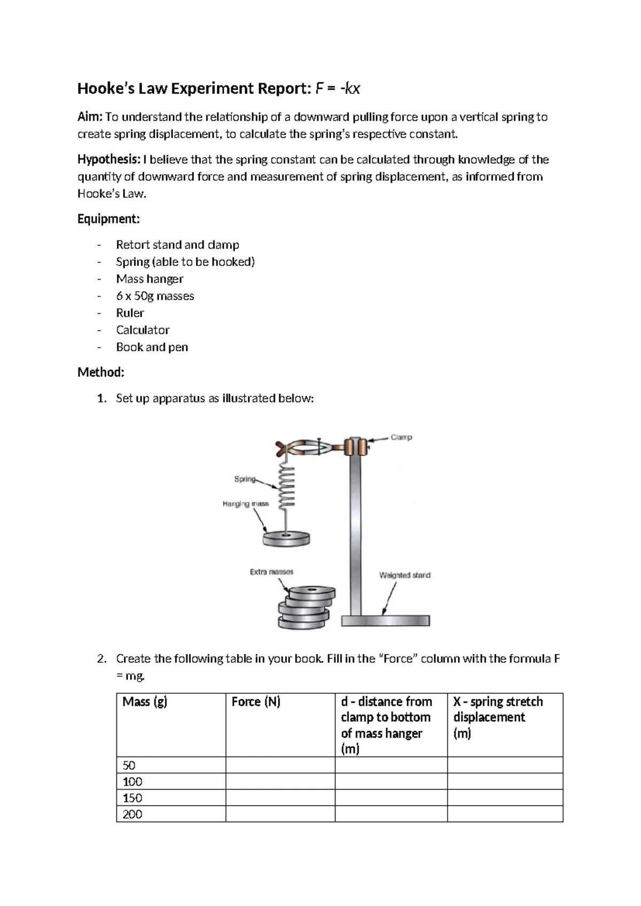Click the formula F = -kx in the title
338,88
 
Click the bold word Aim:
90,117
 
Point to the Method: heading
100,372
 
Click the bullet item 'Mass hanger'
150,279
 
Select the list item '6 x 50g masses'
155,296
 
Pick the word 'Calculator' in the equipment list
143,330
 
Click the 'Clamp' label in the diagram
401,438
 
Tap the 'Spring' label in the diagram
245,479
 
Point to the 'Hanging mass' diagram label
246,504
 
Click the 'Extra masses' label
271,572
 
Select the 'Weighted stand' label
404,575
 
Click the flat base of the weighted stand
385,621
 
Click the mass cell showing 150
132,798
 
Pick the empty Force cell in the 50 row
280,765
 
